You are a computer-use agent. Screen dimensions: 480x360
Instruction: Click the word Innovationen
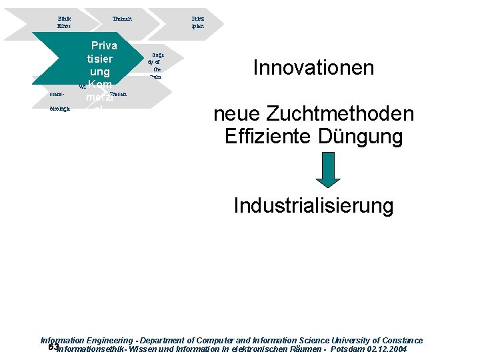313,68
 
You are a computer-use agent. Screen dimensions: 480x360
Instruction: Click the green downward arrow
328,171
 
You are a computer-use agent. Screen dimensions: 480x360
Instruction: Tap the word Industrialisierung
313,205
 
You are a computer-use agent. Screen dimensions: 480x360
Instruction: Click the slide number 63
53,347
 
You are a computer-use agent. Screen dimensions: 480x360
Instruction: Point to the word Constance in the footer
400,340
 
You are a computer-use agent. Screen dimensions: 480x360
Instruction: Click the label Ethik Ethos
64,22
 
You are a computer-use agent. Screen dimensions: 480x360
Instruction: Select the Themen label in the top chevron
122,19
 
